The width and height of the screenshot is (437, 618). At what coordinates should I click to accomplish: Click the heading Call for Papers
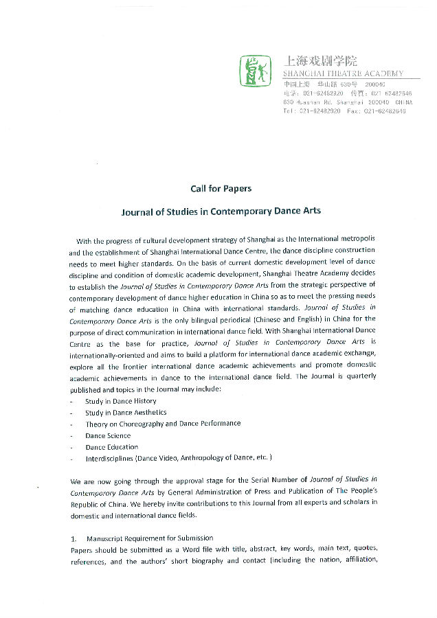[221, 189]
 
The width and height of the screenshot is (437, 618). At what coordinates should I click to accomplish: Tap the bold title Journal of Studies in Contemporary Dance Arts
[221, 211]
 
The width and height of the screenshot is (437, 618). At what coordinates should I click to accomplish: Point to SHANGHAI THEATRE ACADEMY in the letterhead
[344, 74]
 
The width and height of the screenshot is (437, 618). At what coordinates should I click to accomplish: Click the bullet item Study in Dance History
[120, 401]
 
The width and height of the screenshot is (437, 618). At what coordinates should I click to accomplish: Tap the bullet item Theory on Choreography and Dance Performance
[163, 424]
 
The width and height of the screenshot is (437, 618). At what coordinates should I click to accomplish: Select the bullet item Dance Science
[108, 435]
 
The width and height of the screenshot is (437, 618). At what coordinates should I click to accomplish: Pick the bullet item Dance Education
[112, 447]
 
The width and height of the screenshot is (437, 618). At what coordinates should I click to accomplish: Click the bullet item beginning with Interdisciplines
[179, 458]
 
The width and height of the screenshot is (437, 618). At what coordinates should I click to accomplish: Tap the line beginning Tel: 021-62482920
[344, 111]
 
